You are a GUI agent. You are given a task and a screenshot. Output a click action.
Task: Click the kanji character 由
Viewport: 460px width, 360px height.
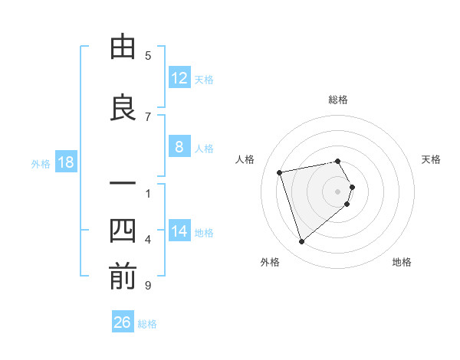tap(123, 49)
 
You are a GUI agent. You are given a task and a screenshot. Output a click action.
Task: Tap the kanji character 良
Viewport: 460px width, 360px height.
tap(123, 108)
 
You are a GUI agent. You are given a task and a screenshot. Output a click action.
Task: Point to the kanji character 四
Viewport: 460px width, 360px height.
tap(123, 230)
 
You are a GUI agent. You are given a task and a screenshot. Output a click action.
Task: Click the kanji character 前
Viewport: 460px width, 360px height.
tap(123, 277)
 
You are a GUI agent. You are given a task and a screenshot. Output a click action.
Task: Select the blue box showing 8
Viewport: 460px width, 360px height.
tap(179, 147)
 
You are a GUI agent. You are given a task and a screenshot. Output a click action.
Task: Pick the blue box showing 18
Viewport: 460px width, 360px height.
tap(65, 162)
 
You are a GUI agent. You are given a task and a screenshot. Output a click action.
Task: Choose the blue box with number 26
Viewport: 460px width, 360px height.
tap(122, 322)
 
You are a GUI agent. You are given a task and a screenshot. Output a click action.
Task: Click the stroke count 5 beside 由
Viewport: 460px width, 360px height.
tap(148, 55)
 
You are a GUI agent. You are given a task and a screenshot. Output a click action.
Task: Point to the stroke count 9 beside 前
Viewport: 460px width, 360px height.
tap(148, 286)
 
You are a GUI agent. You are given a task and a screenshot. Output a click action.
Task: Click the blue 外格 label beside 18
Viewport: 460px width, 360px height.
tap(40, 163)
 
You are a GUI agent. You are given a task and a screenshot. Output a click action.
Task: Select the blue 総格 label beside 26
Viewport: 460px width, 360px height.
tap(147, 323)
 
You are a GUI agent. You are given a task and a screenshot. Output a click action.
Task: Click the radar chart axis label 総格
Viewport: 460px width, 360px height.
tap(338, 100)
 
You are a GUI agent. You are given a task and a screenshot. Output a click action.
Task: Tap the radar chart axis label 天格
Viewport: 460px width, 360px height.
tap(432, 159)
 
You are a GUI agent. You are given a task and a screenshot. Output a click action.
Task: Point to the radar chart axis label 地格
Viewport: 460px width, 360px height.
tap(402, 262)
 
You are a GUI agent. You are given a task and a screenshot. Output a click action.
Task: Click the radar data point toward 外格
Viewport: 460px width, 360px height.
tap(301, 242)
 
